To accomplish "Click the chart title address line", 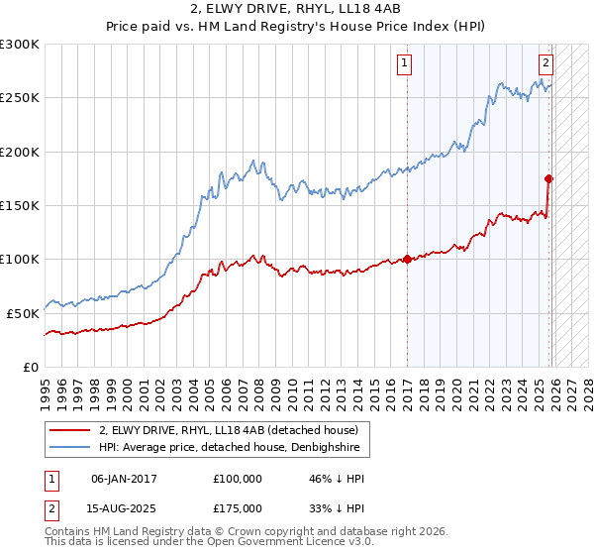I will coord(297,11).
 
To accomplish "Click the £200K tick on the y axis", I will coord(20,152).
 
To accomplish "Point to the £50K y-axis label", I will coord(23,312).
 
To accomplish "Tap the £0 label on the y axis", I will coord(31,367).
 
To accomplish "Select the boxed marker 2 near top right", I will coord(545,60).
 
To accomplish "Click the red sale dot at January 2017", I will coord(407,260).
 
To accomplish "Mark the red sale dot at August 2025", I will coord(548,178).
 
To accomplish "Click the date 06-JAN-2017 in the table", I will coord(123,478).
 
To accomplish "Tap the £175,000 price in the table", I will coord(238,507).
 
